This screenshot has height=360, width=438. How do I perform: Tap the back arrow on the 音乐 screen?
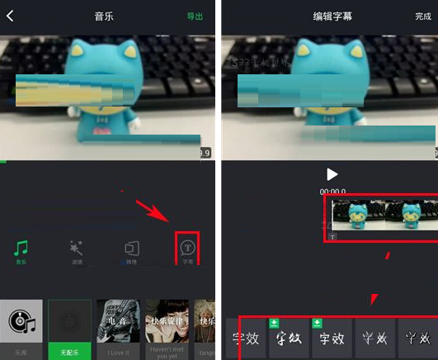tap(10, 16)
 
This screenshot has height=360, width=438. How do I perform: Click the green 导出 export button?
tap(195, 16)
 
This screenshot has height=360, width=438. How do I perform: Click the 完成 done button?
tap(423, 16)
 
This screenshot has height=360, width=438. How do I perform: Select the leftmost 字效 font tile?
tap(245, 338)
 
